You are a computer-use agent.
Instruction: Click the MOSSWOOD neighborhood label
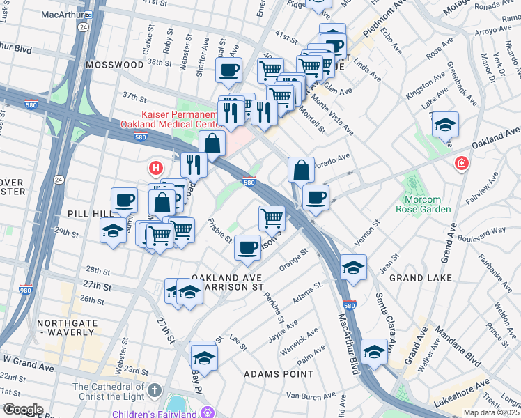pyautogui.click(x=114, y=64)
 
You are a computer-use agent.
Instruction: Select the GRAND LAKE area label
pyautogui.click(x=420, y=278)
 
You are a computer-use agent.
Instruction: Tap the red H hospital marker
pyautogui.click(x=156, y=168)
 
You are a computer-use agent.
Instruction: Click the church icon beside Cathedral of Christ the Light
pyautogui.click(x=154, y=392)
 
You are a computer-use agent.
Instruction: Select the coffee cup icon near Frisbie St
pyautogui.click(x=247, y=247)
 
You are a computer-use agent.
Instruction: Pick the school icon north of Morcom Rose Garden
pyautogui.click(x=444, y=125)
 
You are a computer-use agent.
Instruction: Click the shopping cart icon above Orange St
pyautogui.click(x=272, y=218)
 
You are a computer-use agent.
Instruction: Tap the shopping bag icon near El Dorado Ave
pyautogui.click(x=301, y=169)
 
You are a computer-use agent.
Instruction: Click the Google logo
pyautogui.click(x=23, y=410)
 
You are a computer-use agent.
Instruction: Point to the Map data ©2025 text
pyautogui.click(x=491, y=412)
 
